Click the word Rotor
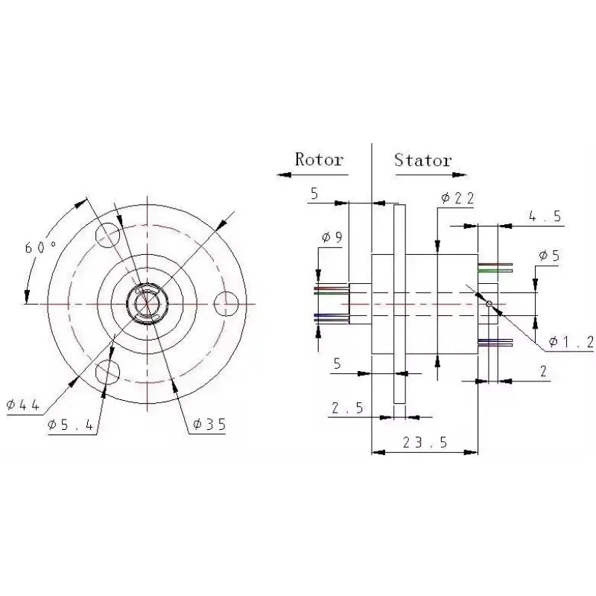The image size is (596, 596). pos(319,159)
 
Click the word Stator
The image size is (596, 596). pos(422,159)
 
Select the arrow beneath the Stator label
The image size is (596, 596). pos(423,175)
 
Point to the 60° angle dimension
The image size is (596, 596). pos(40,247)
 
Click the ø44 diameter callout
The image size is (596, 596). pos(22,405)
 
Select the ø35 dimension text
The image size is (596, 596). pos(208,424)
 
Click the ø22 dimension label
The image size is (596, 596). pos(457,197)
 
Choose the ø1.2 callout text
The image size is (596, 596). pos(571,342)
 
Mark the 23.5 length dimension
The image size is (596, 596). pos(425,442)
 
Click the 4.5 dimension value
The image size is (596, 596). pos(545,217)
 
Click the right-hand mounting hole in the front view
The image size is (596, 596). pos(225,303)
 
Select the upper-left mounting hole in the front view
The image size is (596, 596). pos(108,235)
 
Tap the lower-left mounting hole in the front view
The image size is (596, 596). pos(108,370)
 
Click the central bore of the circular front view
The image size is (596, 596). pos(147,303)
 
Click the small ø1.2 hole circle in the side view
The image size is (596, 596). pos(488,303)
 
